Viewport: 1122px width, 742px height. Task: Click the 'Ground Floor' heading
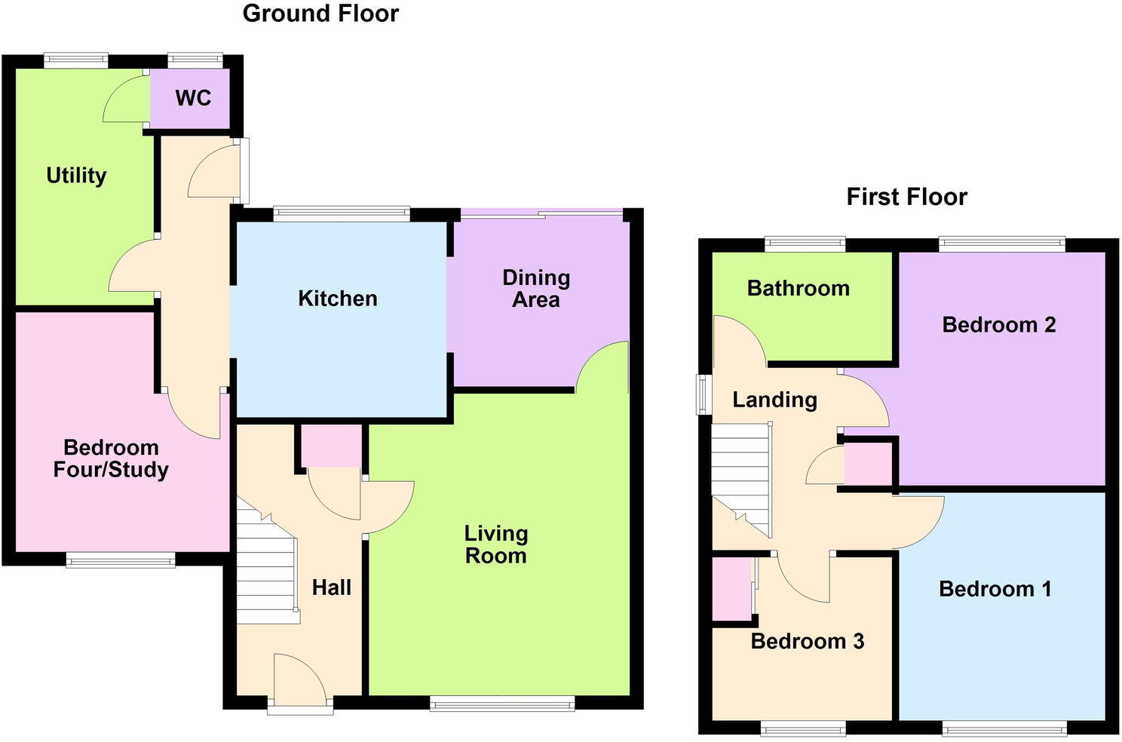tap(320, 14)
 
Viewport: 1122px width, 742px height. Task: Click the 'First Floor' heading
tap(906, 197)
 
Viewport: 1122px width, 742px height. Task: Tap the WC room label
tap(193, 98)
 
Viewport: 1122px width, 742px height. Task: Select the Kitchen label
tap(337, 299)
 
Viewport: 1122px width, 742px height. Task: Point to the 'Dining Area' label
tap(536, 289)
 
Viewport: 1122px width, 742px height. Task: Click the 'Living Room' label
tap(495, 544)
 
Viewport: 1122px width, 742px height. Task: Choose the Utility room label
tap(76, 176)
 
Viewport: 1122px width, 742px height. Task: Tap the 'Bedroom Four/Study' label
tap(111, 458)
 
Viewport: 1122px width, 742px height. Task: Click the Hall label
tap(332, 587)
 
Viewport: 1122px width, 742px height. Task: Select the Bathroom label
tap(798, 288)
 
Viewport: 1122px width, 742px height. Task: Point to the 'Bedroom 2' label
tap(998, 325)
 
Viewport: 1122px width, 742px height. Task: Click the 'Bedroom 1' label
tap(995, 589)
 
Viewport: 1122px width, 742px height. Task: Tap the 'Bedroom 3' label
tap(807, 642)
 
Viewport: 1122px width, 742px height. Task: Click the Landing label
tap(774, 400)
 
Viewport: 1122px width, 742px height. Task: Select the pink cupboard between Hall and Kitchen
tap(332, 445)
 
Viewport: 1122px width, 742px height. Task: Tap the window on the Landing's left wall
tap(703, 394)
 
